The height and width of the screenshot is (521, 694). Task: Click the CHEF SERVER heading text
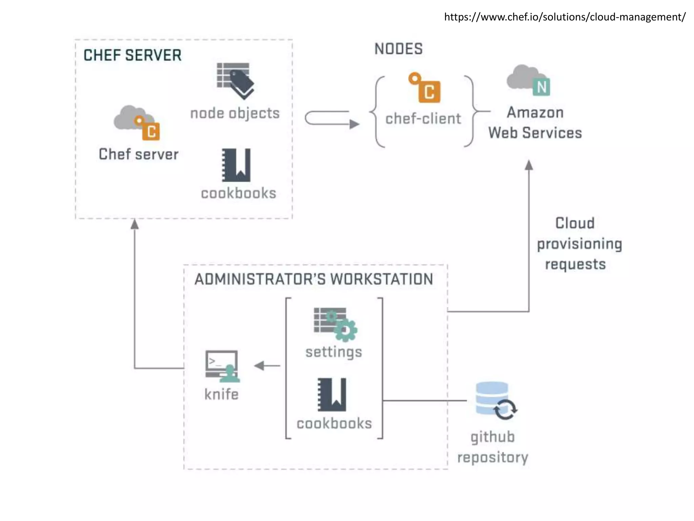point(132,55)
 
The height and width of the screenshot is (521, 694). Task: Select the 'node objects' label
point(235,113)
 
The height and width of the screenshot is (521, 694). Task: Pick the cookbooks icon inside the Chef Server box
point(237,165)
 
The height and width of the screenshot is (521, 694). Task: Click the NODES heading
point(399,49)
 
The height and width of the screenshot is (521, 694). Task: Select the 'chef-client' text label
point(423,119)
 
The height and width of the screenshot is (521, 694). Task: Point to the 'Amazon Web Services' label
point(535,123)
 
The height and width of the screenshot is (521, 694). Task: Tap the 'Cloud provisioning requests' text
point(579,244)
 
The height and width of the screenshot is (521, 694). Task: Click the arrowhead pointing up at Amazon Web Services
point(529,165)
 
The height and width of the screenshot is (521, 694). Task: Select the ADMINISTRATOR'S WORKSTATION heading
point(314,279)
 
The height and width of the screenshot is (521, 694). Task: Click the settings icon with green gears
point(335,324)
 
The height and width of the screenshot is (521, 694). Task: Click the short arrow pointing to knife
point(267,366)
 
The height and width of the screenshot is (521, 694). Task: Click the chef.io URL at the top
point(565,17)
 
